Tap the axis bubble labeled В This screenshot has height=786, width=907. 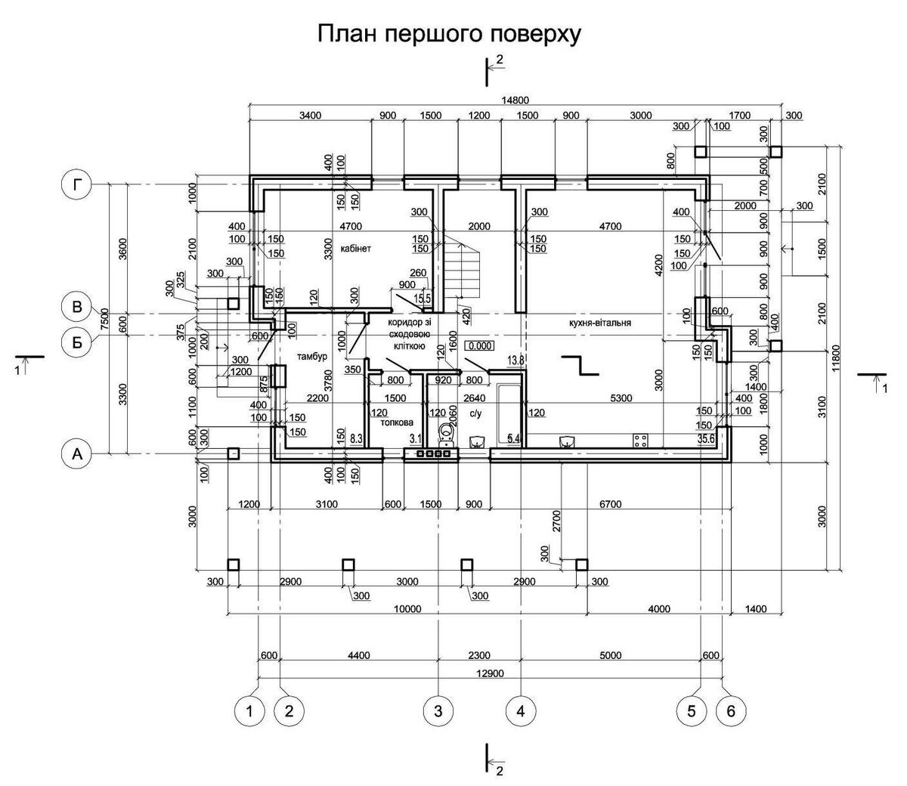pos(76,308)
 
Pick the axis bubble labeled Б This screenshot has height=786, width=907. pos(76,342)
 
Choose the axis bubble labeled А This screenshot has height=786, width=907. pos(76,453)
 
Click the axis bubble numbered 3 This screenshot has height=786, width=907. pos(438,710)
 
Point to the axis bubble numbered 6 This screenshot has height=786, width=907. pos(731,710)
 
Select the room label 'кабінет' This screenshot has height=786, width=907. pos(355,248)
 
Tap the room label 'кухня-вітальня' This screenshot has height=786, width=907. pos(601,322)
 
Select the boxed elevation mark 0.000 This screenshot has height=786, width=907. pos(481,346)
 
